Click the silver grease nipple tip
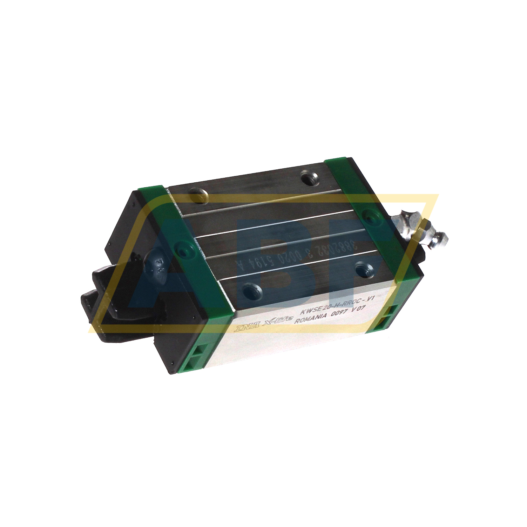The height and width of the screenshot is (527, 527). [442, 238]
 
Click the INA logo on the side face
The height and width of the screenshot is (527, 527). [244, 328]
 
